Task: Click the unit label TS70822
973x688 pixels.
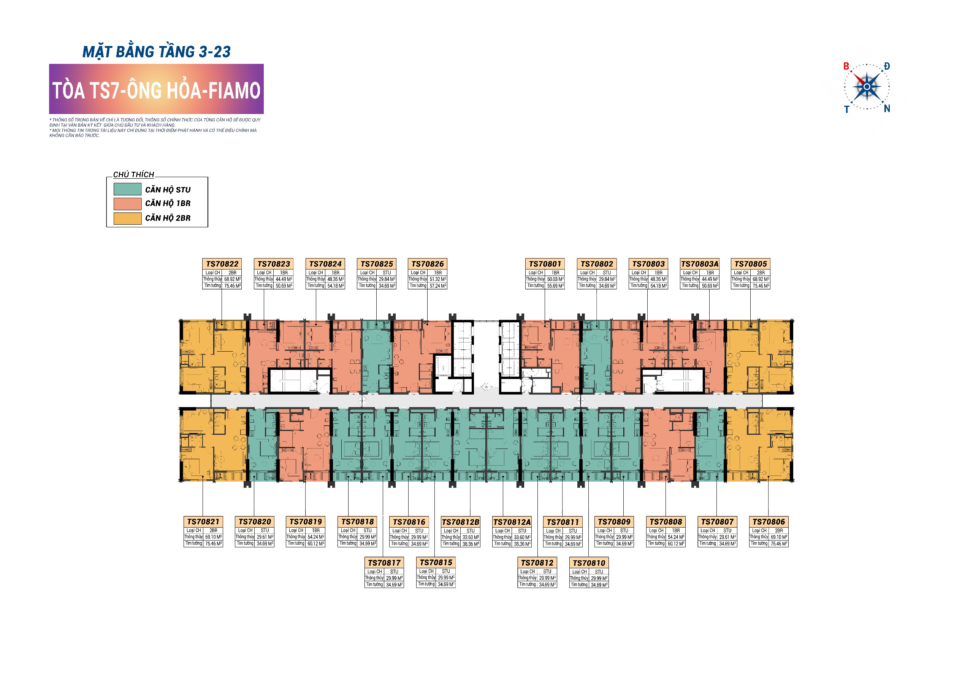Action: coord(222,264)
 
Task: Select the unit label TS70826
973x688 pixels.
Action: coord(427,264)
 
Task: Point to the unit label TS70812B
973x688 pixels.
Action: coord(460,522)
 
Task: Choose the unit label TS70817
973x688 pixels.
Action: coord(384,563)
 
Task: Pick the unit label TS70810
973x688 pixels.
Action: coord(589,563)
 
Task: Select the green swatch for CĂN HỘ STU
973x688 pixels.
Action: coord(127,189)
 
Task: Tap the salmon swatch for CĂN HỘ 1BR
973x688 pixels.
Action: coord(127,203)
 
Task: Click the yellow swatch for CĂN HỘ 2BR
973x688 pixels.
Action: coord(127,218)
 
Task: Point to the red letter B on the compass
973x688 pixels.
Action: coord(846,66)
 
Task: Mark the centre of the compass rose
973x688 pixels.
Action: coord(867,87)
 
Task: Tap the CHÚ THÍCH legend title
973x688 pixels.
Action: coord(133,174)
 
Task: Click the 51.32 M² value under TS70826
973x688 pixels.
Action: coord(438,279)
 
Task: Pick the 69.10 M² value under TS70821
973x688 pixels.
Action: coord(213,537)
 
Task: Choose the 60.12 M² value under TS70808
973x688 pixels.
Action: coord(676,544)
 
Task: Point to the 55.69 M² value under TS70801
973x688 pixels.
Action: coord(555,286)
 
